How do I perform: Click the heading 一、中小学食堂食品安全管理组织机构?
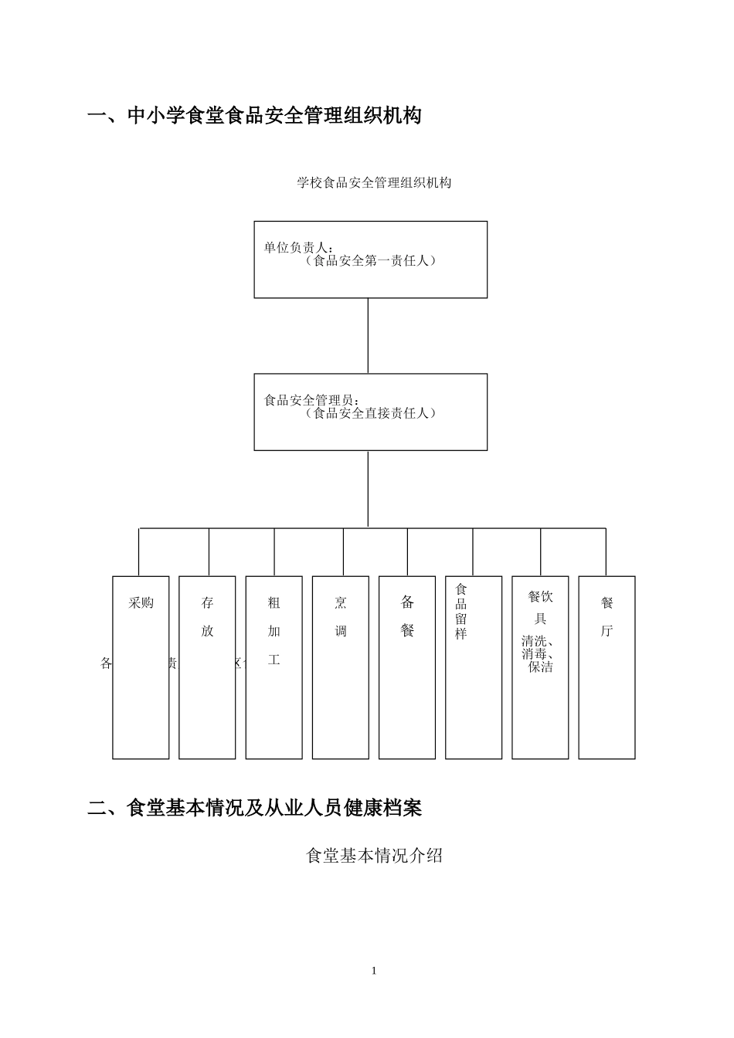254,117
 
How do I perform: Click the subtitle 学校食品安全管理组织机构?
374,183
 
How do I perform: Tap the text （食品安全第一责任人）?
370,261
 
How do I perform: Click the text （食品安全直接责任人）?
370,413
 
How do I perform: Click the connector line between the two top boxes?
368,335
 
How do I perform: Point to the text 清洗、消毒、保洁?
540,653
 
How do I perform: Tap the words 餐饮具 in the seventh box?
540,607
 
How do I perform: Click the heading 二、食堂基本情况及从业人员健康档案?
254,809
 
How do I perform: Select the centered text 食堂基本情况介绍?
374,856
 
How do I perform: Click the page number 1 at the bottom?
374,971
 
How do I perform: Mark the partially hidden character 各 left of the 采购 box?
107,663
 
